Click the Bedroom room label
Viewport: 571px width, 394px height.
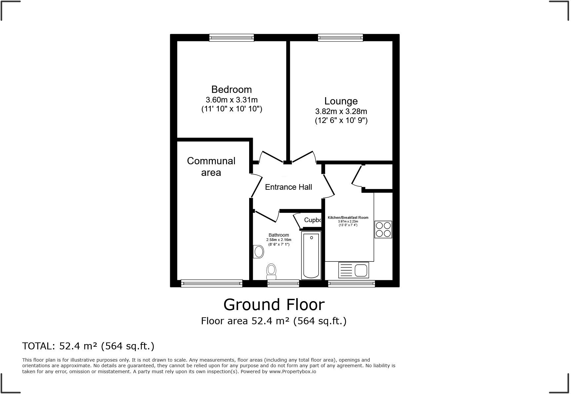(x=231, y=90)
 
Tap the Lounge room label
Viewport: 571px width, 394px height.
(x=341, y=101)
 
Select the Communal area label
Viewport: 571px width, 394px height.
(x=211, y=167)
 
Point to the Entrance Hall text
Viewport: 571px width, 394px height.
(x=288, y=187)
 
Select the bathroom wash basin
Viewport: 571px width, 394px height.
(x=258, y=252)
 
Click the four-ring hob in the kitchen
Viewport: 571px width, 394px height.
(x=383, y=229)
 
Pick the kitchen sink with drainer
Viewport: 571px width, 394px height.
(x=353, y=270)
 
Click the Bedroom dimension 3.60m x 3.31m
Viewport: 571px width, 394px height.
(x=231, y=100)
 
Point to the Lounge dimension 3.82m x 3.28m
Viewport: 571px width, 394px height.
(x=341, y=111)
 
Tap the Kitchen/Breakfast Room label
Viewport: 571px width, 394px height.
(x=348, y=217)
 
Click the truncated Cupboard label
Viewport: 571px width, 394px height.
(x=312, y=220)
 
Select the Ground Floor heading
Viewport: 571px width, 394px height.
(x=274, y=305)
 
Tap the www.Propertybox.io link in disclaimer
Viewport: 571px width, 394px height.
(x=292, y=372)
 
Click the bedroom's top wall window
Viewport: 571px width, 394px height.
(x=231, y=38)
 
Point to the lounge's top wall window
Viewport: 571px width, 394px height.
(x=340, y=38)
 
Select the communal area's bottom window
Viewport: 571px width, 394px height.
(x=211, y=283)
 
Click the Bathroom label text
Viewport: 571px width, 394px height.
(x=279, y=235)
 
